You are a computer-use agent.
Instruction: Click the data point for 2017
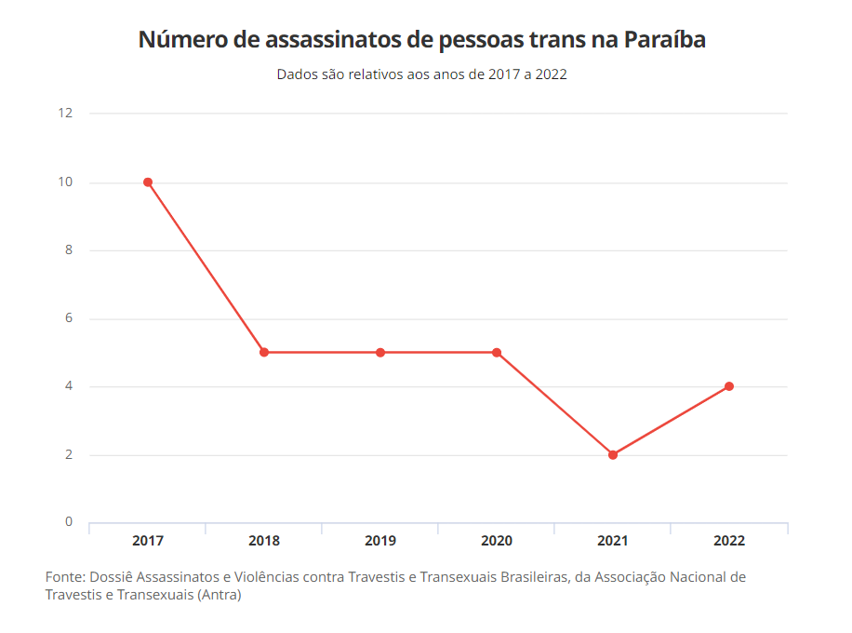tap(148, 182)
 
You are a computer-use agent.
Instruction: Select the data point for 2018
tap(264, 353)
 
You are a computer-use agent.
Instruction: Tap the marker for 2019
tap(380, 353)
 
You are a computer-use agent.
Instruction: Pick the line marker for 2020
tap(497, 353)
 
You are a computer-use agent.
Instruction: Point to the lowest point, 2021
tap(613, 455)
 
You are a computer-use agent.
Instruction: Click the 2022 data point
tap(729, 386)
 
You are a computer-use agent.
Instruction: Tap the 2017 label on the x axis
tap(148, 541)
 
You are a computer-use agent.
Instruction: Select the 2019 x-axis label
tap(380, 541)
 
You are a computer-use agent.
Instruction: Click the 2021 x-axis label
tap(613, 541)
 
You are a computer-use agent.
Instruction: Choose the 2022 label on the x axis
tap(729, 541)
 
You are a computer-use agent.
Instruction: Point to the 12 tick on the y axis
tap(65, 114)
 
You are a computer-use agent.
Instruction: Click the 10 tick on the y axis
tap(65, 182)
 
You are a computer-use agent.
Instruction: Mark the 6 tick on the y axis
tap(68, 318)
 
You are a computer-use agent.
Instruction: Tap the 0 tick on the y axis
tap(68, 522)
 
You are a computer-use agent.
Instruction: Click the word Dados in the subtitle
tap(297, 74)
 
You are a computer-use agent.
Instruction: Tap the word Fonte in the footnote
tap(64, 577)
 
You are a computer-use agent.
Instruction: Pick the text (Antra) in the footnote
tap(220, 595)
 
